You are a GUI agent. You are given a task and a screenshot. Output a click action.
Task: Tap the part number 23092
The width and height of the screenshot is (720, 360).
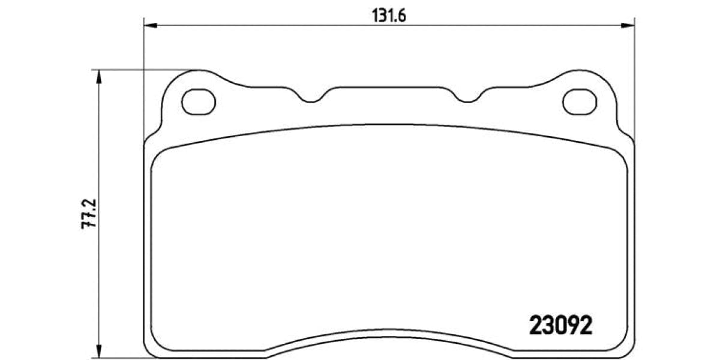click(x=560, y=326)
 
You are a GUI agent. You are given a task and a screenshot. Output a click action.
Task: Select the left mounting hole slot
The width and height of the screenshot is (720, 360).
click(x=198, y=101)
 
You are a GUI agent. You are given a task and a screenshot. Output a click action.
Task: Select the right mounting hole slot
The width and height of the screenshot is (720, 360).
click(x=580, y=101)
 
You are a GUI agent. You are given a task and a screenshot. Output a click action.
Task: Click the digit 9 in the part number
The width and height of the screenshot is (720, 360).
click(x=573, y=326)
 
